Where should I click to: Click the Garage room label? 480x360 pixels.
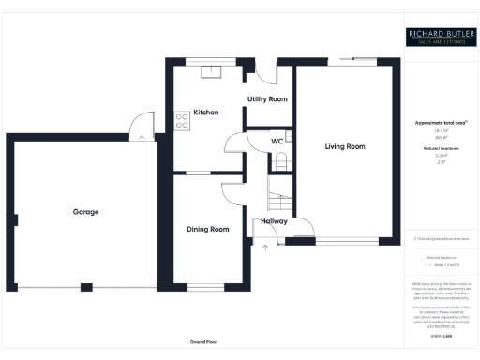pos(85,212)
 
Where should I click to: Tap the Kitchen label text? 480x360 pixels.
pos(205,112)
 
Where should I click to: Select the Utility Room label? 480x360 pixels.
pos(267,98)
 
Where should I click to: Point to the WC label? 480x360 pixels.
pos(277,141)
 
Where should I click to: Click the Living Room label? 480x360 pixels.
pos(344,147)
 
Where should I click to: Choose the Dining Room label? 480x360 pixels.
pos(207,229)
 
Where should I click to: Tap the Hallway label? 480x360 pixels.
pos(274,221)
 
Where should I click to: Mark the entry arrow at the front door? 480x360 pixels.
pos(265,247)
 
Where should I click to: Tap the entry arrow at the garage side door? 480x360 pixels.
pos(142,137)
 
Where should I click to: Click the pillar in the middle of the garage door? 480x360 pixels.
pos(85,285)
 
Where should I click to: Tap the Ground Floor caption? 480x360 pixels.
pos(203,342)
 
